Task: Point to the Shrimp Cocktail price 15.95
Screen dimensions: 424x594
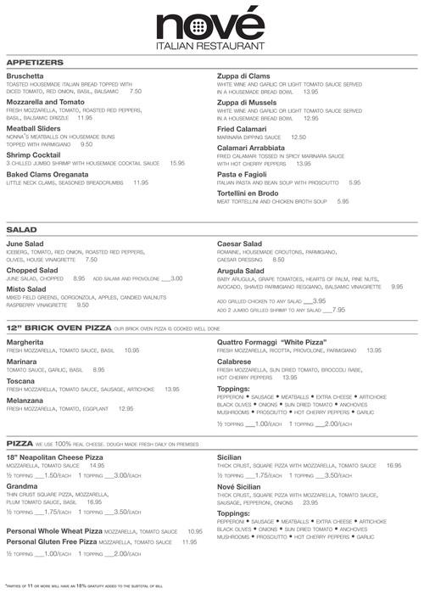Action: coord(177,162)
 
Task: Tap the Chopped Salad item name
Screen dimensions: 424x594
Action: coord(34,269)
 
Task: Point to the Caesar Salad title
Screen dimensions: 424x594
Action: coord(243,243)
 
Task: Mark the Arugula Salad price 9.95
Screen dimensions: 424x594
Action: coord(396,287)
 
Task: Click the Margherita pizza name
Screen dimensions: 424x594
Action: coord(27,340)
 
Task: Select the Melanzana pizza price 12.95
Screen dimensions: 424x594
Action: coord(126,409)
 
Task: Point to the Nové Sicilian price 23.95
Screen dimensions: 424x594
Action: coord(327,502)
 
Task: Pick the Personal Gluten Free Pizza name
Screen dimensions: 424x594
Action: coord(50,541)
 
